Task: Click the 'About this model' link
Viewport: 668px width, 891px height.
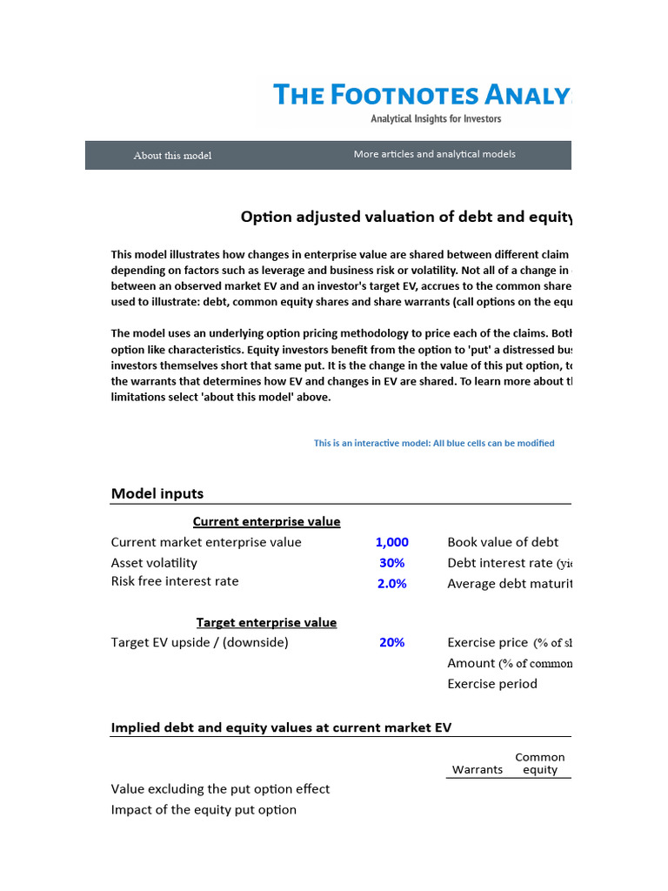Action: (x=172, y=156)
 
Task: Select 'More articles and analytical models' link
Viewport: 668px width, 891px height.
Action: (x=434, y=154)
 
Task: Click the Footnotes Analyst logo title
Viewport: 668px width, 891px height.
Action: (x=422, y=95)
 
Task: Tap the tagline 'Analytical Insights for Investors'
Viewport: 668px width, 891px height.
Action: (x=436, y=118)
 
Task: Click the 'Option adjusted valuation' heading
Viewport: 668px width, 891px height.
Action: (x=406, y=218)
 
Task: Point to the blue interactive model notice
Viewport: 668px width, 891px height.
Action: (x=433, y=443)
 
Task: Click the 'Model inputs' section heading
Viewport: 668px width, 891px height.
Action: (x=157, y=493)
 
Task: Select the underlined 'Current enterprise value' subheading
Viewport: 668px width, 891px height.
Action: (x=266, y=521)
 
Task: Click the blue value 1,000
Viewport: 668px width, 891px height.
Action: (x=391, y=542)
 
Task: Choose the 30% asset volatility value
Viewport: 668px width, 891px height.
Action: (x=391, y=563)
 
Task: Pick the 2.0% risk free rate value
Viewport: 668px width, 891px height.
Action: (x=391, y=584)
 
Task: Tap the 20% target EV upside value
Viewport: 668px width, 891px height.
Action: (x=391, y=642)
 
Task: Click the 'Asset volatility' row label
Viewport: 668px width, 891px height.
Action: (x=154, y=563)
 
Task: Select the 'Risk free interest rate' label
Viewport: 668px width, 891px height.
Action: (x=175, y=581)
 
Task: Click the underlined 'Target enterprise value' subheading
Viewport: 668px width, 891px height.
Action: (x=266, y=622)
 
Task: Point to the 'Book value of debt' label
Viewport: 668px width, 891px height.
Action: (x=503, y=542)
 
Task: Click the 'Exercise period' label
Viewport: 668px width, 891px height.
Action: (x=492, y=683)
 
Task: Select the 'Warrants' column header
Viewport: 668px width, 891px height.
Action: (x=477, y=769)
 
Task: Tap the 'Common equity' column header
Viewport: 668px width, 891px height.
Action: (x=540, y=764)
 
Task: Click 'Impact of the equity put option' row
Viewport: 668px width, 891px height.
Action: (x=204, y=809)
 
